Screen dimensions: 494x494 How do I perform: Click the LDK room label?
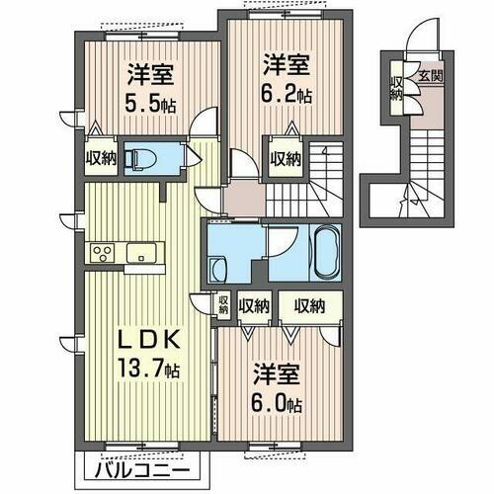click(149, 340)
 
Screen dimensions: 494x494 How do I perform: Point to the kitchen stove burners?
click(103, 252)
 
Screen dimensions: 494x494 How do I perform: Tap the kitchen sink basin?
click(146, 250)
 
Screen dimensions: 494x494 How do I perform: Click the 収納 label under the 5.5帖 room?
click(100, 157)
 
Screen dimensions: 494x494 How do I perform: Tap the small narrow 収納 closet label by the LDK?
click(223, 306)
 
